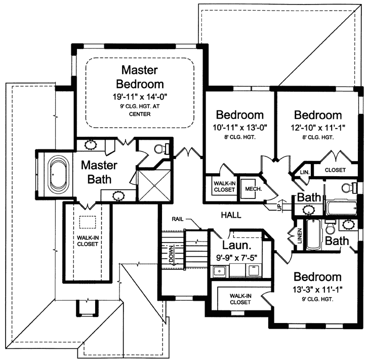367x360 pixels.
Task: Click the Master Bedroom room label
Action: tap(140, 76)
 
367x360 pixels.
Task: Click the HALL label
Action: tap(231, 215)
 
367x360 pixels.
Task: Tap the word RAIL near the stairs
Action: tap(178, 219)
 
